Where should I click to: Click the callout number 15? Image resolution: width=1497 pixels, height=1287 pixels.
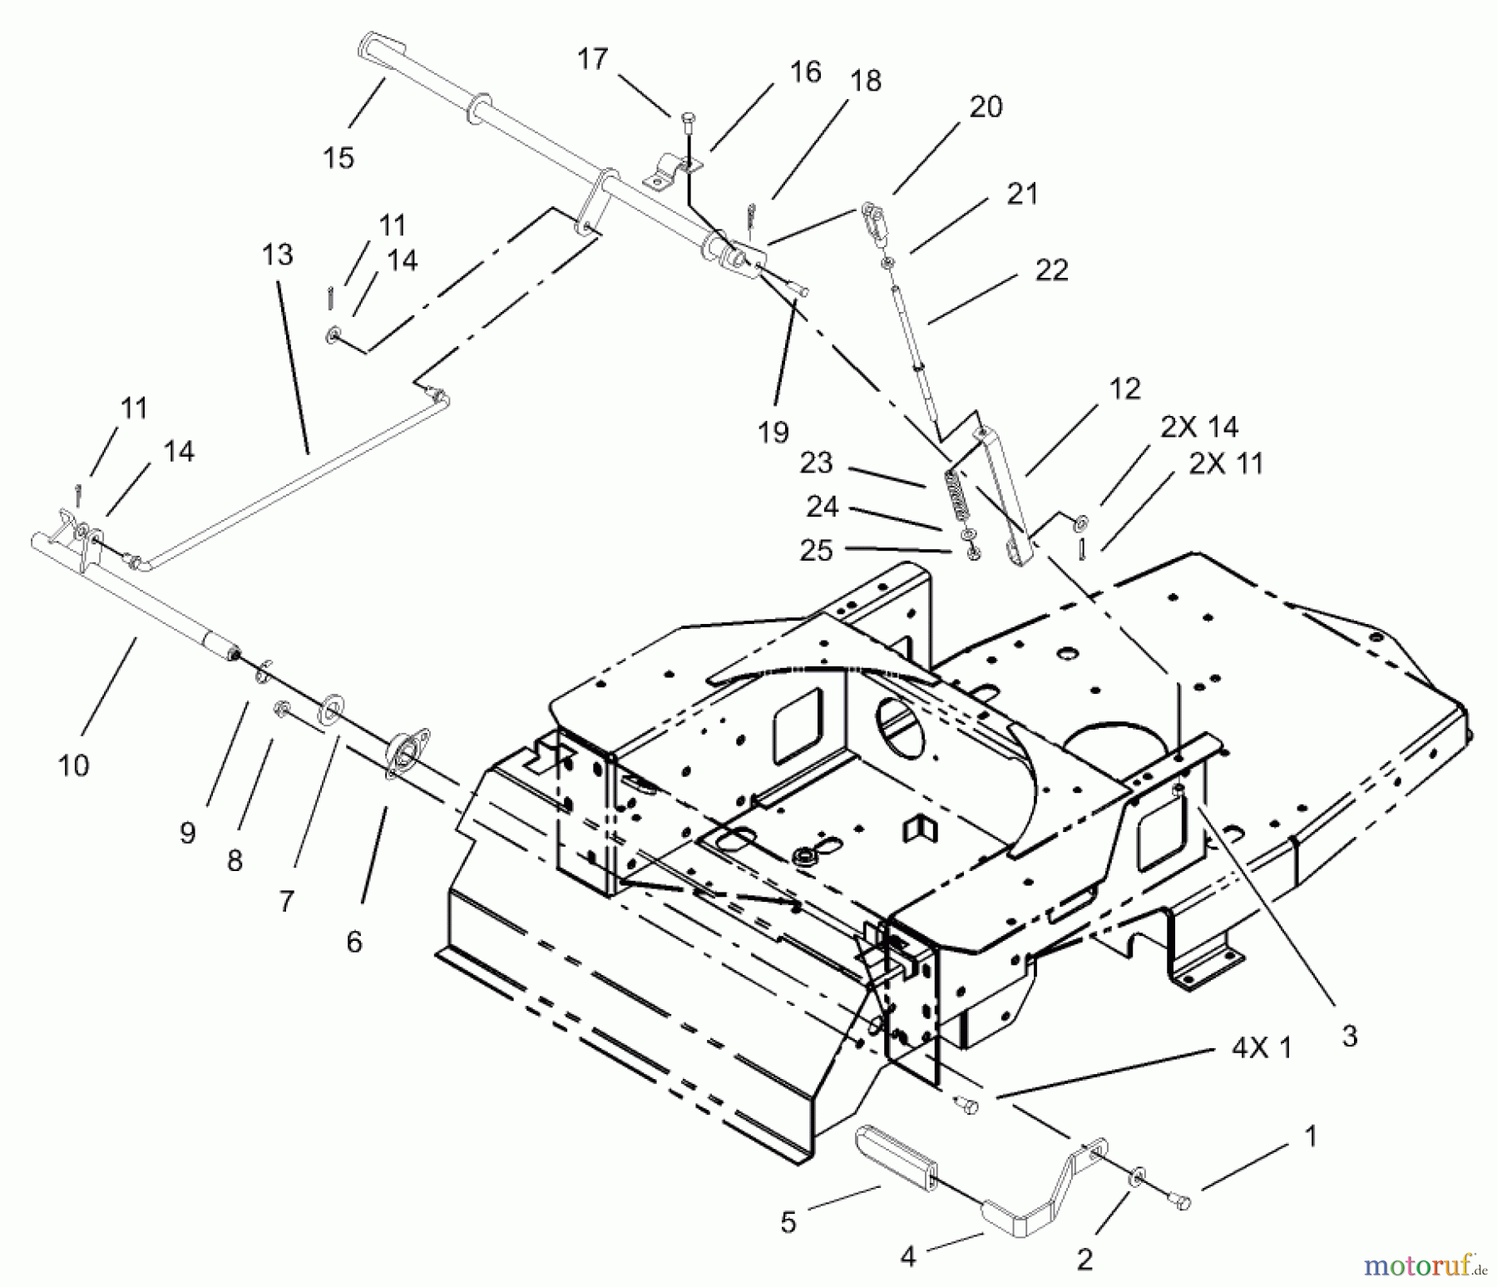coord(338,157)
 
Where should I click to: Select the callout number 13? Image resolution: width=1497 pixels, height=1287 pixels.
coord(278,254)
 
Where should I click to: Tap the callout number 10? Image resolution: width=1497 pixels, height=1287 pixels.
coord(73,765)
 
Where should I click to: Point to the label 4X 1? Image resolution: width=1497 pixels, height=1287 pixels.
coord(1262,1049)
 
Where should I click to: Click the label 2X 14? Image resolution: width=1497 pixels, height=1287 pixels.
coord(1199,428)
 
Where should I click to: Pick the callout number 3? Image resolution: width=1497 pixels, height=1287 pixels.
coord(1349,1037)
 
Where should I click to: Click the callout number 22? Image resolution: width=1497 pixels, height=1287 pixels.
coord(1051,270)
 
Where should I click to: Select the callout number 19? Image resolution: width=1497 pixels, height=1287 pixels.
coord(773,433)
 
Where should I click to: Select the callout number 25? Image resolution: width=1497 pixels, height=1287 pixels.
coord(815,551)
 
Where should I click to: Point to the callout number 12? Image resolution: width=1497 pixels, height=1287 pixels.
coord(1124,389)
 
